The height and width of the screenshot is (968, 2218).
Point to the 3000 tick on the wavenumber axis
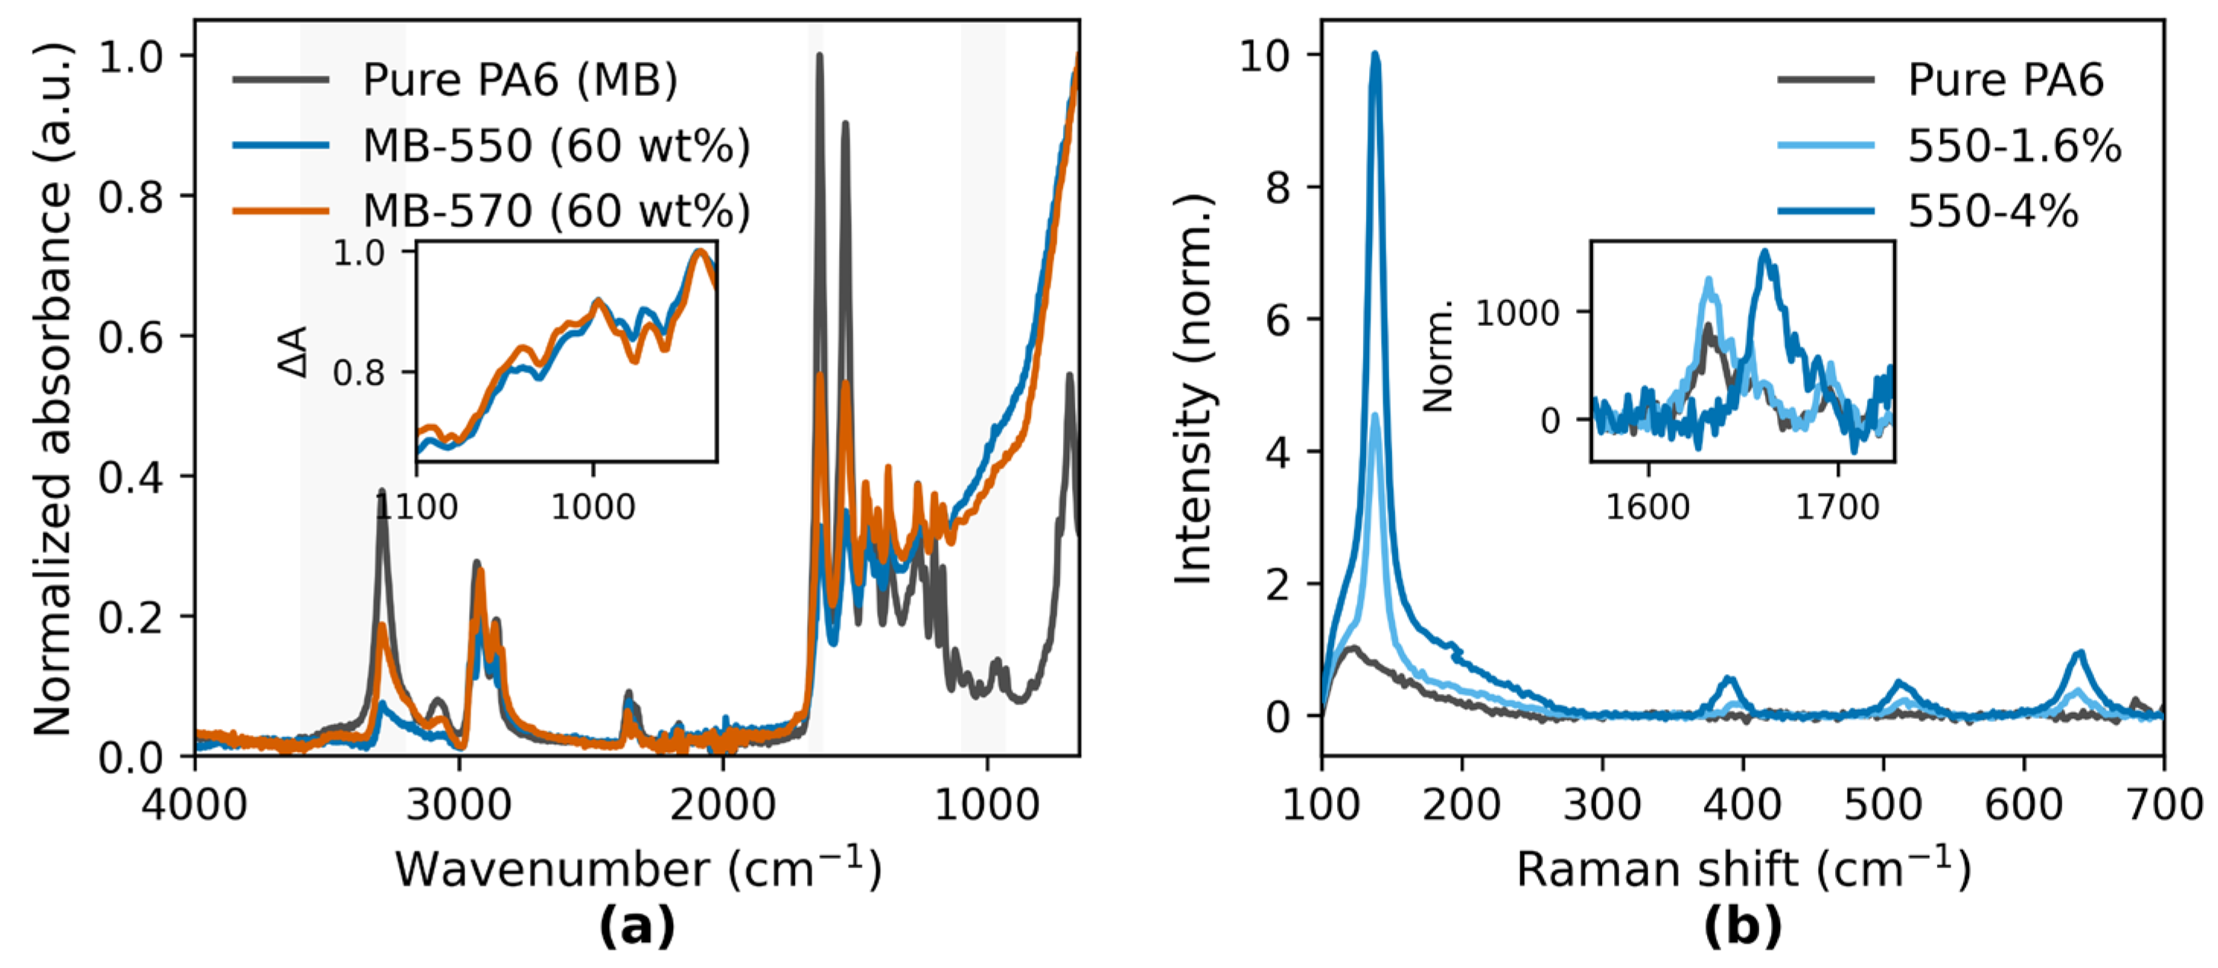(x=460, y=806)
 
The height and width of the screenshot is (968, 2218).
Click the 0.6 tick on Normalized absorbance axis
(x=130, y=337)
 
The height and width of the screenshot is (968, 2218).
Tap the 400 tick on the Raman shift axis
(x=1743, y=806)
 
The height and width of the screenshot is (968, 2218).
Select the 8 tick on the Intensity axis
(x=1278, y=187)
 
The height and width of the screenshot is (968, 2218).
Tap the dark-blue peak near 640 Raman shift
(x=2080, y=653)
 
